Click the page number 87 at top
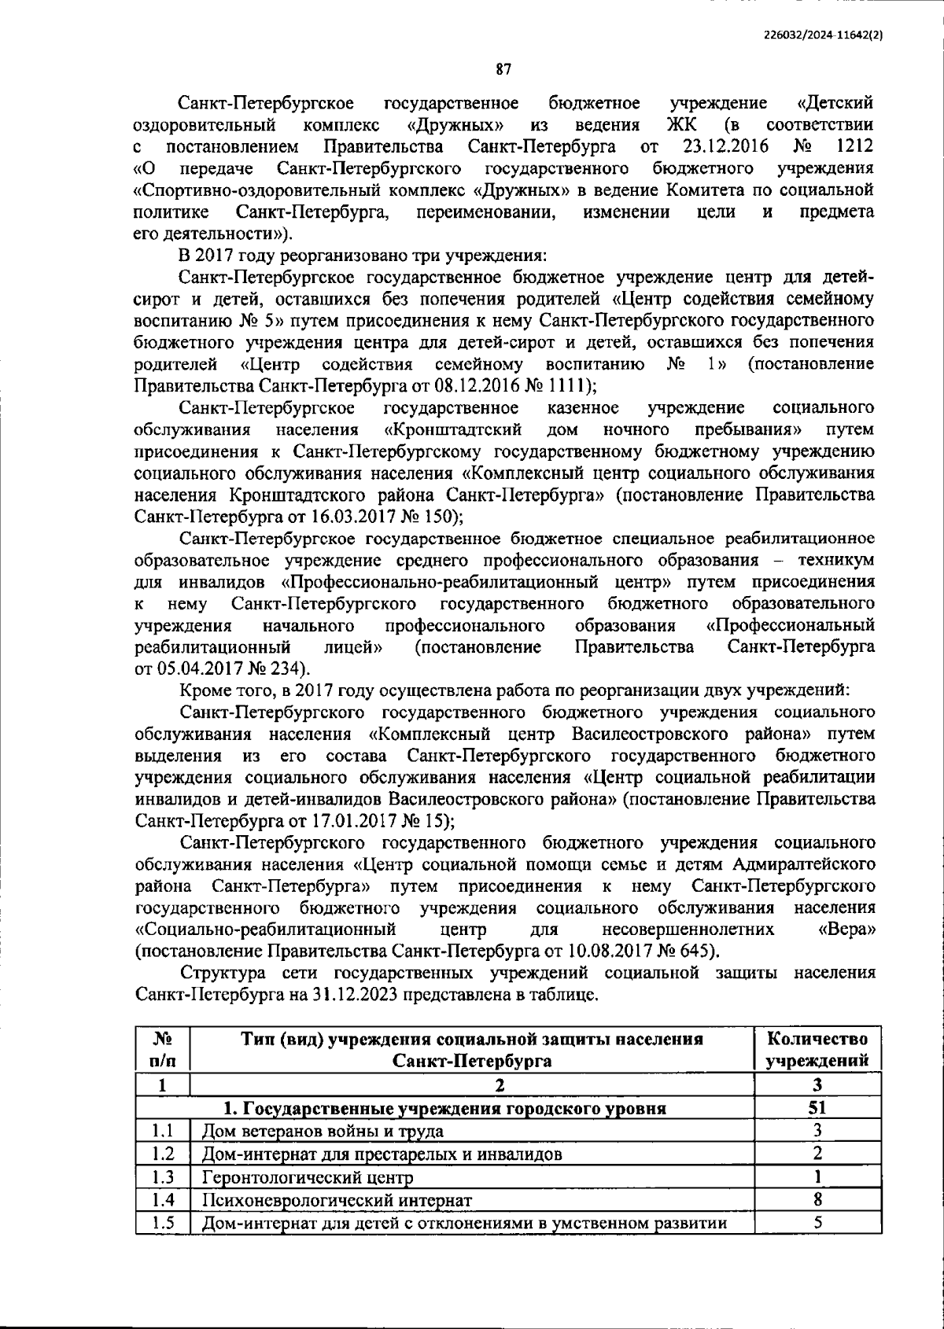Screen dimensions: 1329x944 (x=503, y=70)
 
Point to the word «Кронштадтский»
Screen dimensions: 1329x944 (x=454, y=430)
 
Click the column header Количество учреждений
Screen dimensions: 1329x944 (x=817, y=1050)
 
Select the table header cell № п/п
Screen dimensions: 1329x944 (x=162, y=1050)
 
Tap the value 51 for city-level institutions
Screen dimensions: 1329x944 (x=817, y=1109)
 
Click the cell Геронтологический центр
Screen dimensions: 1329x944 (x=308, y=1178)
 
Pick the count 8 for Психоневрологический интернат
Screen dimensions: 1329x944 (x=817, y=1200)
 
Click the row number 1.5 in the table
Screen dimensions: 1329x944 (x=162, y=1223)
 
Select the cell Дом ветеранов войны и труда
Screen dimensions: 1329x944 (x=323, y=1132)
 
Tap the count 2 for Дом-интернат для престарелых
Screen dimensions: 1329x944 (x=817, y=1154)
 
